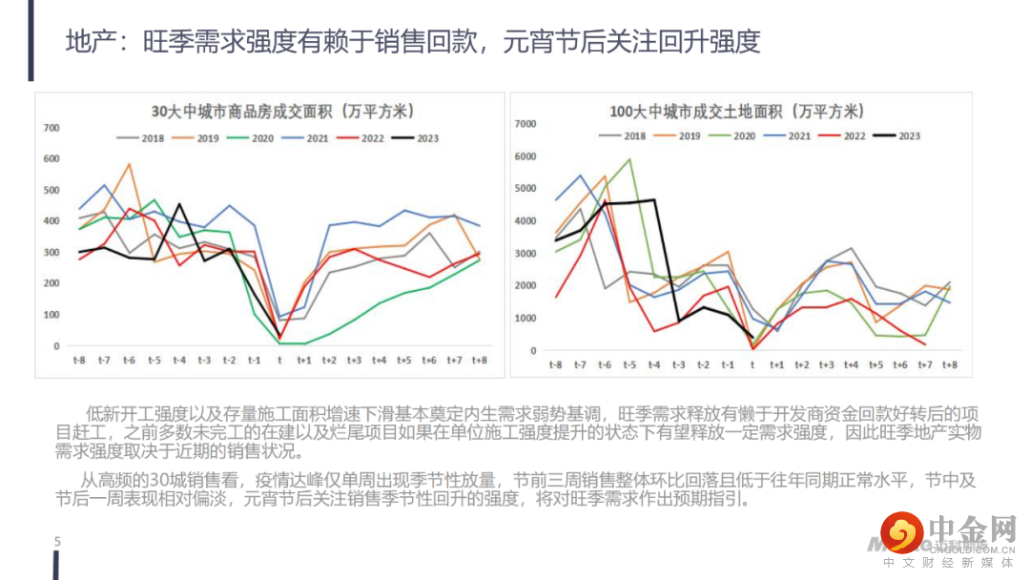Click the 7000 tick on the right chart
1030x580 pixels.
(x=527, y=124)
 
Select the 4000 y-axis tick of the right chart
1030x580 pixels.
(x=527, y=221)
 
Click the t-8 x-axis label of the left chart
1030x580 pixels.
(x=79, y=360)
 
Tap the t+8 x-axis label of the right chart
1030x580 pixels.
(x=950, y=365)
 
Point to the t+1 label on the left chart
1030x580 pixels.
(x=304, y=360)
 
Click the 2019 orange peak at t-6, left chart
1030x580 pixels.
(x=130, y=165)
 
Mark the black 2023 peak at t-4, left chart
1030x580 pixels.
(x=179, y=204)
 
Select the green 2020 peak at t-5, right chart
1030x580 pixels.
(x=629, y=159)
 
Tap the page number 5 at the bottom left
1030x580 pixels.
(x=57, y=542)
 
